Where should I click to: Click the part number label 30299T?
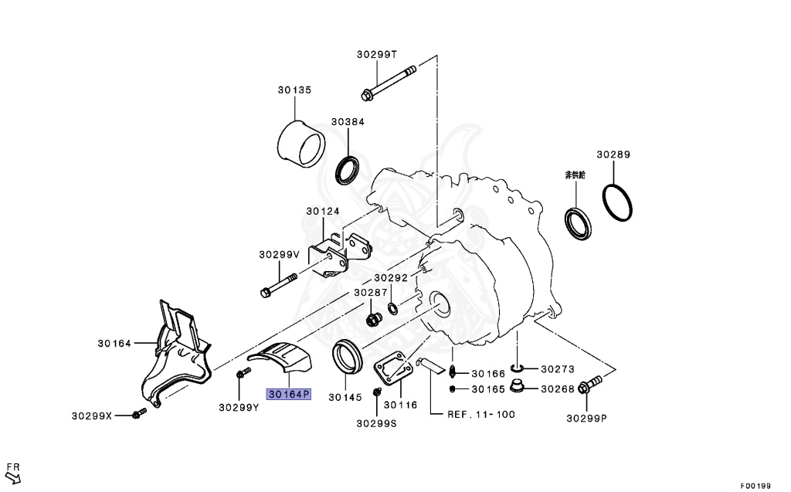point(376,54)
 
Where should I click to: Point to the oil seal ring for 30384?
point(348,169)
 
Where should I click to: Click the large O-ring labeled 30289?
point(618,202)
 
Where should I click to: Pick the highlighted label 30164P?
point(288,394)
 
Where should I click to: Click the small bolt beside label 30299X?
point(140,415)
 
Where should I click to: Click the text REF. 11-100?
point(480,414)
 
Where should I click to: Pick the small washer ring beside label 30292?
point(392,309)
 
